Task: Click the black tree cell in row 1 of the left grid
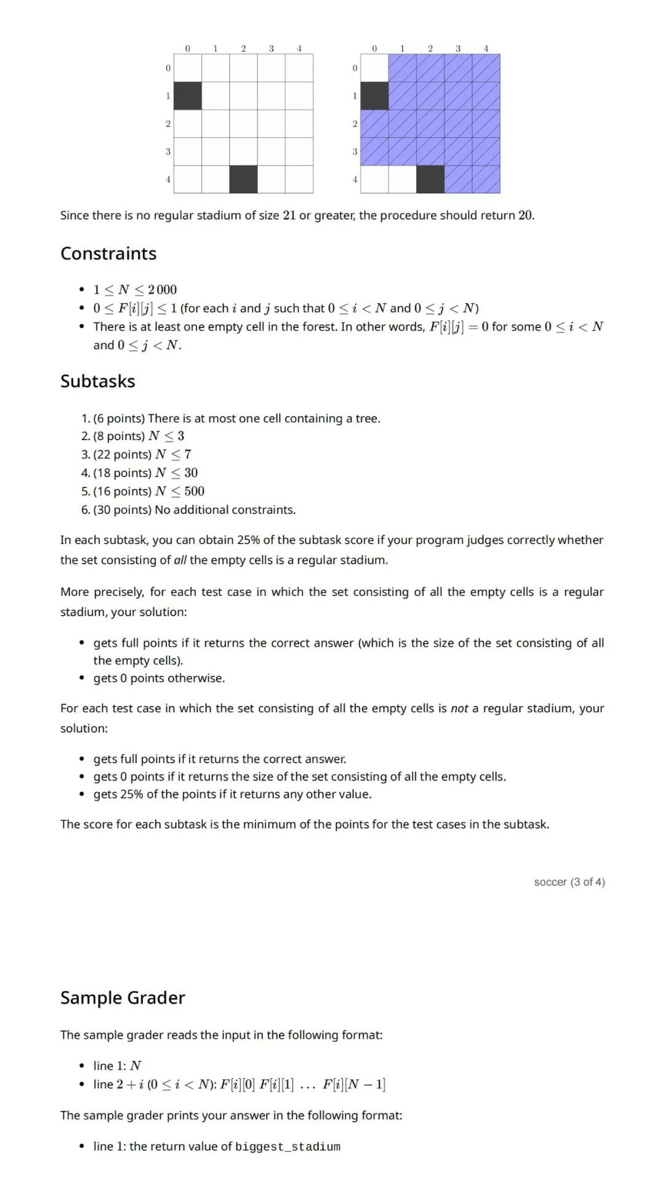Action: pyautogui.click(x=188, y=96)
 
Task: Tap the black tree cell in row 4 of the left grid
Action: pyautogui.click(x=243, y=179)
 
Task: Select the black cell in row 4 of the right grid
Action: pyautogui.click(x=430, y=179)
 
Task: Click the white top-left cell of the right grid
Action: pyautogui.click(x=374, y=68)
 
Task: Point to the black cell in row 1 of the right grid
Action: pyautogui.click(x=374, y=96)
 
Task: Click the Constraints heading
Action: pyautogui.click(x=108, y=254)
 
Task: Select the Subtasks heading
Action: pyautogui.click(x=97, y=381)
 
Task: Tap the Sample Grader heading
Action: pyautogui.click(x=123, y=998)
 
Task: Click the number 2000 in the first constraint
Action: pyautogui.click(x=162, y=289)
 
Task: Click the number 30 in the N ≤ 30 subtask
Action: pyautogui.click(x=191, y=473)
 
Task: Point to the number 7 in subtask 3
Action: pyautogui.click(x=188, y=454)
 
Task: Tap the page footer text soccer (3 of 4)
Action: pyautogui.click(x=569, y=882)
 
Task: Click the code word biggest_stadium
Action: pyautogui.click(x=288, y=1147)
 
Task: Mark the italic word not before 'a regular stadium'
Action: pyautogui.click(x=459, y=708)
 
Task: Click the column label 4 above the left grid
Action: pyautogui.click(x=299, y=49)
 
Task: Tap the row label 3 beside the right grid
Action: pyautogui.click(x=355, y=151)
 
